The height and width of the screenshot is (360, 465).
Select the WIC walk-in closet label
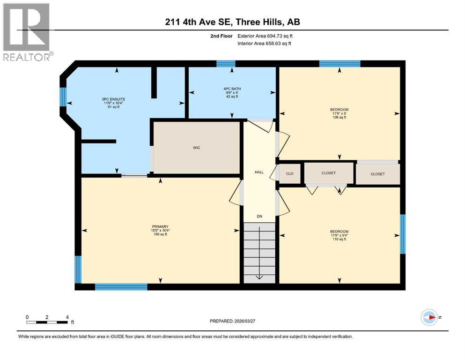pyautogui.click(x=196, y=148)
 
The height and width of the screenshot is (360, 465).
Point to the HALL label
pyautogui.click(x=259, y=172)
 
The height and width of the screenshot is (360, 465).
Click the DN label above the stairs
pyautogui.click(x=259, y=216)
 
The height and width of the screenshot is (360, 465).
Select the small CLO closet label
pyautogui.click(x=290, y=173)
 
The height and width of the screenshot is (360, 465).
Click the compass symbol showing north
pyautogui.click(x=429, y=317)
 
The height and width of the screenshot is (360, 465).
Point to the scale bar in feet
pyautogui.click(x=47, y=322)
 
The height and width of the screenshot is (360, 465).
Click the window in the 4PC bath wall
pyautogui.click(x=225, y=64)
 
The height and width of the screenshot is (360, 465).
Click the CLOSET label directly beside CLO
pyautogui.click(x=329, y=173)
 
